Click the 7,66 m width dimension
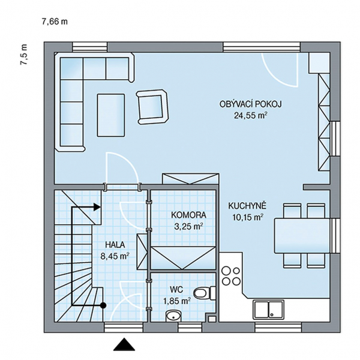(55, 22)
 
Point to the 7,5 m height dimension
(24, 55)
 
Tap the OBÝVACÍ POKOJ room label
(250, 104)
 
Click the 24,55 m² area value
(250, 115)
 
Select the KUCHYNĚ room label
(247, 206)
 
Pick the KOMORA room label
(188, 215)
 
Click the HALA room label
(115, 245)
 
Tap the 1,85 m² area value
(176, 301)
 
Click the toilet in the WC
(205, 293)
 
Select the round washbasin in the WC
(173, 316)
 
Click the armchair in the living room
(152, 107)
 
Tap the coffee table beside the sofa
(111, 115)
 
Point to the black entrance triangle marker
(124, 344)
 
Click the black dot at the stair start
(103, 305)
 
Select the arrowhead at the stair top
(97, 207)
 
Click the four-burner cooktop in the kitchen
(231, 275)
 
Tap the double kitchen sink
(269, 309)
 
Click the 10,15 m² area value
(248, 217)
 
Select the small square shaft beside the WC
(212, 319)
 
